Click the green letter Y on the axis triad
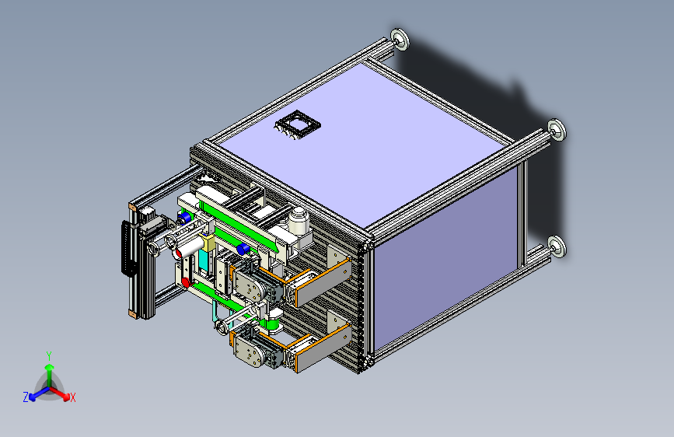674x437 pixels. coord(49,355)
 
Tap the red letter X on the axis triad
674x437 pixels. coord(72,397)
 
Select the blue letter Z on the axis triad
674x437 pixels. coord(26,397)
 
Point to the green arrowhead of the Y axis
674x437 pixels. coord(50,367)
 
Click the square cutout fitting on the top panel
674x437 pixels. coord(298,124)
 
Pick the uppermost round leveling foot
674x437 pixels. coord(400,39)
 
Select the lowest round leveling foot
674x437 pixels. coord(557,246)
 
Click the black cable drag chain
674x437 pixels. coord(128,248)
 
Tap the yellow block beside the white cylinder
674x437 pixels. coord(208,243)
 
